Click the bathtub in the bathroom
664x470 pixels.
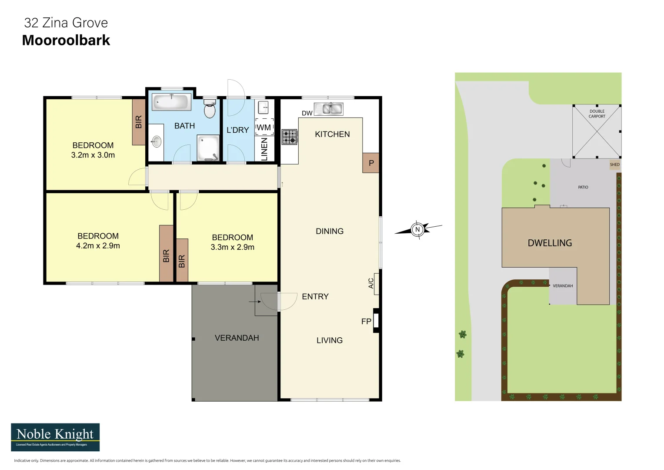pos(171,102)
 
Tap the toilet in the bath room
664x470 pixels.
pos(210,109)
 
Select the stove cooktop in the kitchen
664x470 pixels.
pos(290,137)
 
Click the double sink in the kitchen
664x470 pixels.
pos(329,108)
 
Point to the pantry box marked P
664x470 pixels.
pos(371,163)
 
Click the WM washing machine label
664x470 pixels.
pos(264,128)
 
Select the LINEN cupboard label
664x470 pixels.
pos(264,149)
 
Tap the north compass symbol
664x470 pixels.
pos(417,229)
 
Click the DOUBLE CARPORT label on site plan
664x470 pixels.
pos(597,114)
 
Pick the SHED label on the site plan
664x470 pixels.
pos(614,164)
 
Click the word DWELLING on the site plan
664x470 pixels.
pos(550,243)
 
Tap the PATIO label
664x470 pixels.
pos(583,187)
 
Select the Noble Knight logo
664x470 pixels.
pos(55,437)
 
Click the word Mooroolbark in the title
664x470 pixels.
pos(66,40)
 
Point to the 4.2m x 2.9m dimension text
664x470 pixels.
pos(98,246)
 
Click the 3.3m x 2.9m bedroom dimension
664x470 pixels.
pos(232,247)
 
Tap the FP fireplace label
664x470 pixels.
pos(366,322)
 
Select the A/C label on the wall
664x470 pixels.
pos(371,283)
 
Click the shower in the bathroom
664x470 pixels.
pos(208,148)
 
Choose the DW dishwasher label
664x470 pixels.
pos(307,113)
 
